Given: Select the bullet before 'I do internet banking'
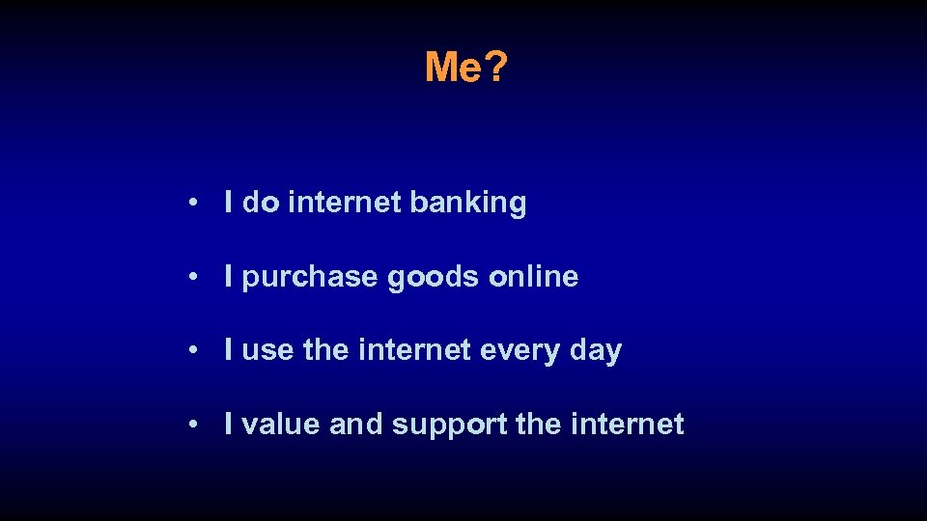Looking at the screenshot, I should point(195,204).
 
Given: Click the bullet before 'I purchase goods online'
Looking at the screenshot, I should point(195,278).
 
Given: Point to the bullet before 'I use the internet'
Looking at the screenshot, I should point(195,351).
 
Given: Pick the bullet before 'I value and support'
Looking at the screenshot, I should point(195,425).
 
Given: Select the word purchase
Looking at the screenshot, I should point(311,278).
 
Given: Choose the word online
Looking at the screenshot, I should point(534,277).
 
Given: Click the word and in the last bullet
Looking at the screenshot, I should point(356,424).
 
